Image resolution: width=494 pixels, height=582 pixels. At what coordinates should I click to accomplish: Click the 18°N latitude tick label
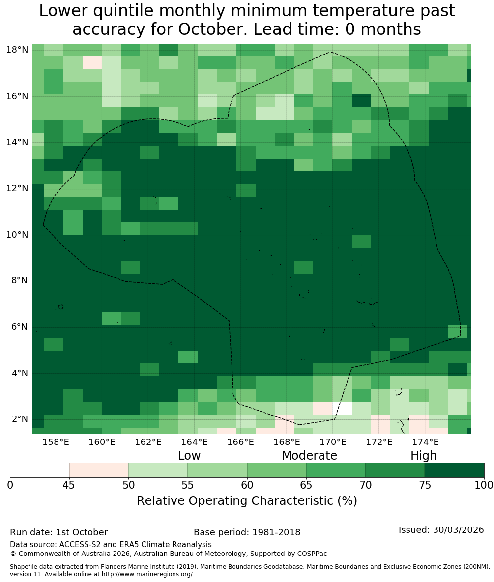(17, 50)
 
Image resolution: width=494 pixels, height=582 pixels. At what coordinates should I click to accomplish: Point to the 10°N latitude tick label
(17, 235)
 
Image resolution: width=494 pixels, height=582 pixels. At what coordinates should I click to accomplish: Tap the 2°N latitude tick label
(20, 419)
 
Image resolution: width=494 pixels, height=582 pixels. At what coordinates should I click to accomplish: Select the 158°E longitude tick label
(56, 442)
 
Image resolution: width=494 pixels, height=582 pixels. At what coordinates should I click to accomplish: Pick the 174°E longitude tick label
(426, 442)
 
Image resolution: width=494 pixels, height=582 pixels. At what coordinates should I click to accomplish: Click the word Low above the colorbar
(189, 455)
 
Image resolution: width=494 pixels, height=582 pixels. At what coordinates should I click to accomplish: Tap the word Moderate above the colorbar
(309, 455)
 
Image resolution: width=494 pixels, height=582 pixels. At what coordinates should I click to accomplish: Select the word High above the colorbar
(423, 456)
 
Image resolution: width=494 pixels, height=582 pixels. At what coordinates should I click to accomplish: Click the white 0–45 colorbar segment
(40, 471)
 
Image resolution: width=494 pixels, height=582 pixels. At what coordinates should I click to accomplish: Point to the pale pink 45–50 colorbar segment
(99, 471)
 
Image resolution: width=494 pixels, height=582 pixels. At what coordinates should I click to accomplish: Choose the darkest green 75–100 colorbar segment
(454, 471)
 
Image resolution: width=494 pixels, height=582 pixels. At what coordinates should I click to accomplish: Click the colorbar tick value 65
(306, 485)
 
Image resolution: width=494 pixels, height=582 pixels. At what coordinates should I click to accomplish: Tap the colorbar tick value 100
(484, 485)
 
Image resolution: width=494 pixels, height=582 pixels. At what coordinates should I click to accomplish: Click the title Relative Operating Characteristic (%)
(247, 500)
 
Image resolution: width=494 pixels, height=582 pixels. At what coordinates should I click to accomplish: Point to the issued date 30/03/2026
(458, 530)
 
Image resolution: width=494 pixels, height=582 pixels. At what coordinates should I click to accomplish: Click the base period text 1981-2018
(276, 532)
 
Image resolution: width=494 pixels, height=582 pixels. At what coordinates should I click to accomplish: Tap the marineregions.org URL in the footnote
(147, 574)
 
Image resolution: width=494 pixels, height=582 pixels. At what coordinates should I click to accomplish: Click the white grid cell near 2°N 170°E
(342, 409)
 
